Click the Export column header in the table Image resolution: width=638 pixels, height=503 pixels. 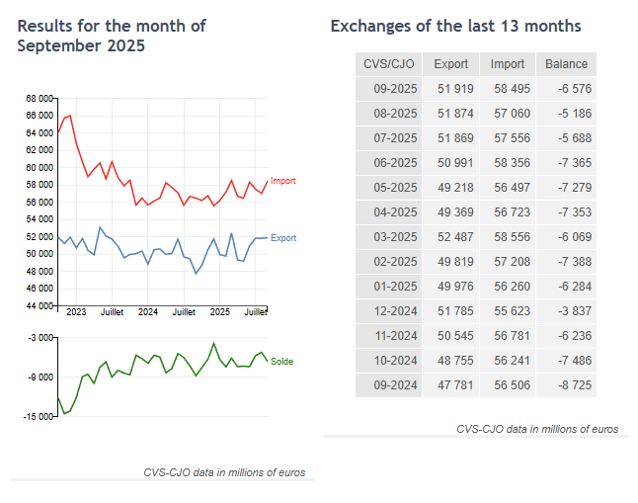coord(451,64)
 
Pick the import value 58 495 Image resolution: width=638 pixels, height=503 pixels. coord(509,90)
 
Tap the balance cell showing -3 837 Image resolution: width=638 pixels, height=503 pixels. coord(567,309)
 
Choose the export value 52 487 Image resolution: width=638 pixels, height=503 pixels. coord(451,236)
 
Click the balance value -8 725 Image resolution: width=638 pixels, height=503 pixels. coord(567,382)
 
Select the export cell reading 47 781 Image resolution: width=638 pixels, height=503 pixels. coord(451,382)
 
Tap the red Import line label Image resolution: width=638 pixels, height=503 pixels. coord(282,181)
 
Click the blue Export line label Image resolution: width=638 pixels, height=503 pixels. coord(282,238)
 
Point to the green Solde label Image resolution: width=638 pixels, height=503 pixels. coord(281,362)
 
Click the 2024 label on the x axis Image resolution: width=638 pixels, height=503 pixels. coord(148,312)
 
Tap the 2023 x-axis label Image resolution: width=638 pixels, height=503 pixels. coord(76,312)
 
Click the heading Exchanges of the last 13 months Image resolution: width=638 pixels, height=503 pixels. coord(455,26)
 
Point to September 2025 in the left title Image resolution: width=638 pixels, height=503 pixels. coord(81,45)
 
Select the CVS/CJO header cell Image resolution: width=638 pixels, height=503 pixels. coord(389,64)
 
